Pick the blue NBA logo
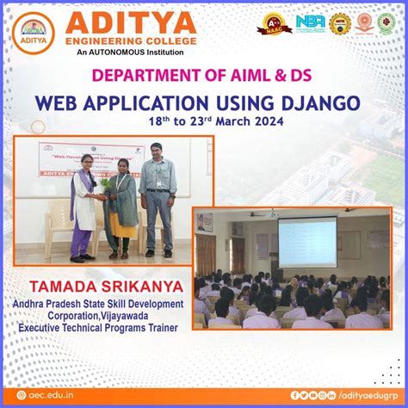(310, 23)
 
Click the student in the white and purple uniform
(84, 211)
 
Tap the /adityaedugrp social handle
(371, 395)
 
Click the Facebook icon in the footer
(295, 395)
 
